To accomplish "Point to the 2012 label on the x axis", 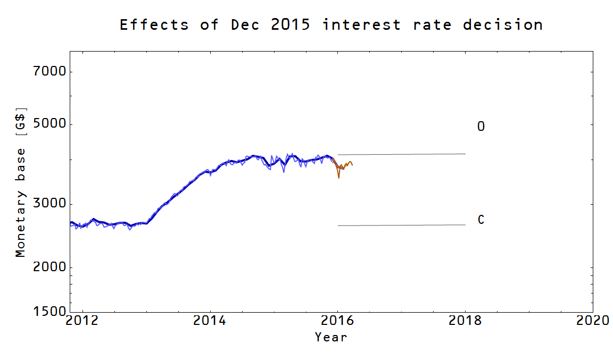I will [82, 321].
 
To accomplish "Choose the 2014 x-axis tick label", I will [210, 321].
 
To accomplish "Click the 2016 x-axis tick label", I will [338, 321].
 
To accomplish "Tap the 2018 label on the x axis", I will [466, 321].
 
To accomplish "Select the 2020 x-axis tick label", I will [592, 321].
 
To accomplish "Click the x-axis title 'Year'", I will [331, 337].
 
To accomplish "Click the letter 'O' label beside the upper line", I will [481, 127].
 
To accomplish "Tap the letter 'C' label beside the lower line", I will [481, 220].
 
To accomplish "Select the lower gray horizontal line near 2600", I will [402, 225].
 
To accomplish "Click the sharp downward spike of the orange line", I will [339, 178].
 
